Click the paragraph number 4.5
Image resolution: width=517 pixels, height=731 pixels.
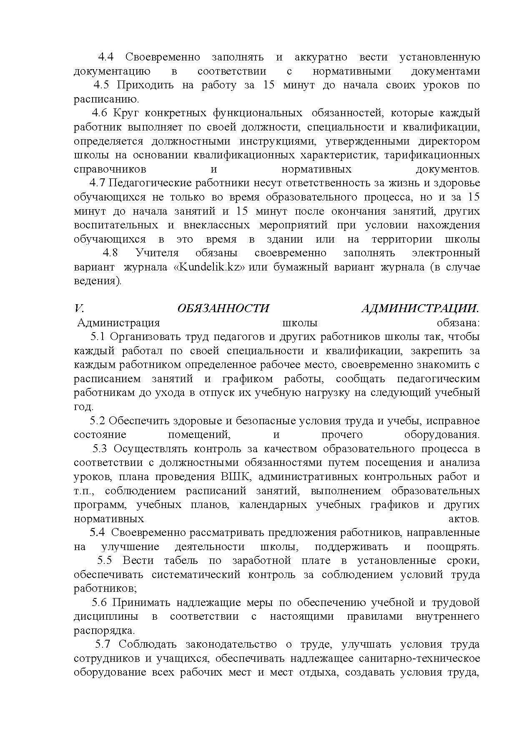(x=101, y=85)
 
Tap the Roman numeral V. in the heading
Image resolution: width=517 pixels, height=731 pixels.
(x=79, y=309)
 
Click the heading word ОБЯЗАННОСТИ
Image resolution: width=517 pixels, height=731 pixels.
(x=223, y=309)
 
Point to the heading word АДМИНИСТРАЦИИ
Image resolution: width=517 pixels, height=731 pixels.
(x=420, y=309)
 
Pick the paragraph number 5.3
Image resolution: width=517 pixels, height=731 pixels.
(x=100, y=449)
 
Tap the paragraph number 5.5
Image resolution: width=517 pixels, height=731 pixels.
(x=104, y=561)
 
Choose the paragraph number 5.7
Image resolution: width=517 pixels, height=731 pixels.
(x=103, y=645)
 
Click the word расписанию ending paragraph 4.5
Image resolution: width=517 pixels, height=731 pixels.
(x=106, y=100)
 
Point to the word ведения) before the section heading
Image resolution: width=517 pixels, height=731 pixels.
(x=98, y=281)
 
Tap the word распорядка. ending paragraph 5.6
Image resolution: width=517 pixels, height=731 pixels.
(x=104, y=631)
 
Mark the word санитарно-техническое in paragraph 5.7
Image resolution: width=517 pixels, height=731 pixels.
(x=417, y=659)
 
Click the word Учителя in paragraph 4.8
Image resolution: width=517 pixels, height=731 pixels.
(x=157, y=253)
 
